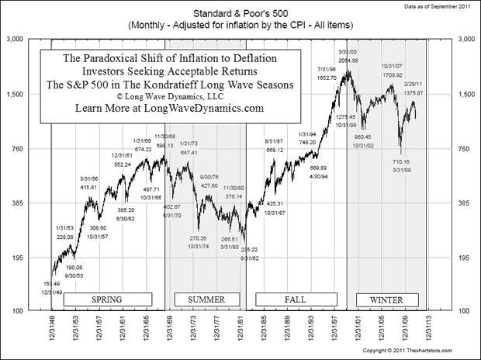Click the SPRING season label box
[106, 298]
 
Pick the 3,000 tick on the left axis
[17, 38]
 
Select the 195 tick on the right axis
[469, 258]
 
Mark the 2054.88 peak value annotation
[348, 60]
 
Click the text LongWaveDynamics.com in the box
[209, 109]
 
